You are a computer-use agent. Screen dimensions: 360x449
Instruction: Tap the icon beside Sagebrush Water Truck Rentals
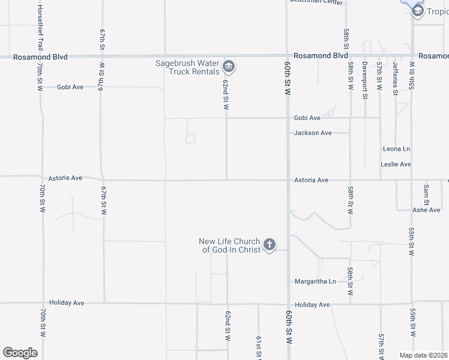coord(228,66)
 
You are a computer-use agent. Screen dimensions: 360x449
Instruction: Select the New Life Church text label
coord(230,245)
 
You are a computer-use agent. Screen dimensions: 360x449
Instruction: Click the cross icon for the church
coord(270,244)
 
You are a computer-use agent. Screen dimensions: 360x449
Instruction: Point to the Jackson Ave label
coord(313,133)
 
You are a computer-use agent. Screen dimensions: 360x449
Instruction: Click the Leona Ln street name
coord(396,148)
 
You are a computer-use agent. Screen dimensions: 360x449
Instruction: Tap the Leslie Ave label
coord(396,164)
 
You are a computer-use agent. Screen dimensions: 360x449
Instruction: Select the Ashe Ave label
coord(426,210)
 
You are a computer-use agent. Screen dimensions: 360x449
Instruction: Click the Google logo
coord(20,353)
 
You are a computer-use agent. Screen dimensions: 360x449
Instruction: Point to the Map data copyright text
coord(424,355)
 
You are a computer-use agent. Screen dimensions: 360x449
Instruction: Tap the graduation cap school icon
coord(417,11)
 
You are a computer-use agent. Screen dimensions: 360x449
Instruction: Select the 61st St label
coord(259,347)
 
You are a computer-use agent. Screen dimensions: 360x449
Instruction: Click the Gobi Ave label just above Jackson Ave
coord(307,118)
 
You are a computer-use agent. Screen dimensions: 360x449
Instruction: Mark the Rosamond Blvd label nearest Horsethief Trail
coord(41,56)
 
